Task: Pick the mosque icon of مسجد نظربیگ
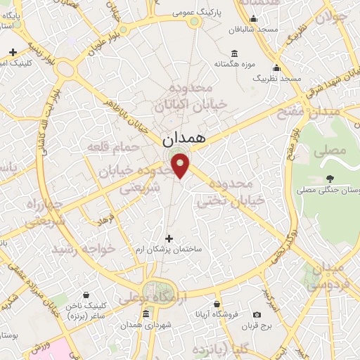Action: pyautogui.click(x=277, y=68)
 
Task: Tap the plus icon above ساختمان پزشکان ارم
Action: pyautogui.click(x=167, y=238)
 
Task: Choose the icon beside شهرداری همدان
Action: pyautogui.click(x=146, y=314)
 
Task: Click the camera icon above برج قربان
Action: pyautogui.click(x=257, y=314)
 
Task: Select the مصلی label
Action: pyautogui.click(x=332, y=150)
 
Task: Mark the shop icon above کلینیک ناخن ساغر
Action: pyautogui.click(x=86, y=295)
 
